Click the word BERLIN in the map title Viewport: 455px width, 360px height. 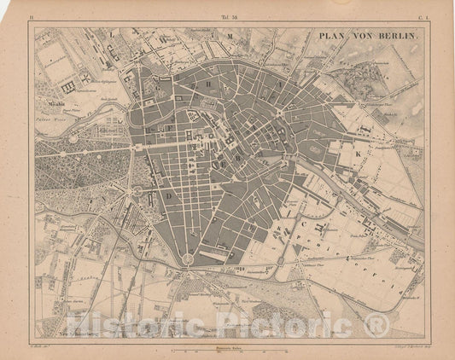[398, 38]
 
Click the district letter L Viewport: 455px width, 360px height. [111, 34]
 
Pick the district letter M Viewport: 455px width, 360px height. [229, 36]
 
